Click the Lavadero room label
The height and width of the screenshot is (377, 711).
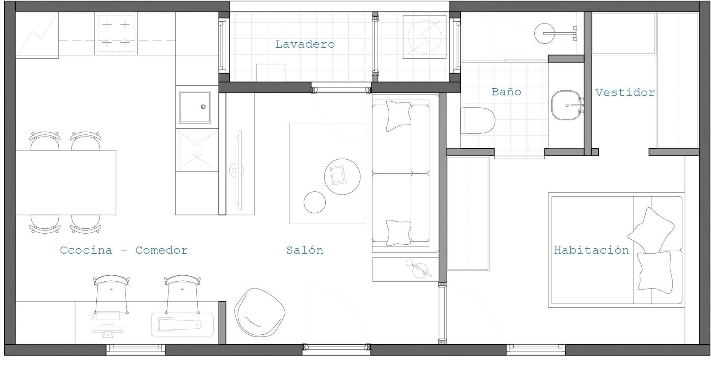click(305, 44)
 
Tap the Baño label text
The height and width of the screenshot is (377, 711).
click(506, 92)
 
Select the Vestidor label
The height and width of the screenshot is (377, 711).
click(625, 92)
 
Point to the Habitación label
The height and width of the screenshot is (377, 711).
click(592, 250)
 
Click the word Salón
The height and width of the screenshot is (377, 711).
click(305, 250)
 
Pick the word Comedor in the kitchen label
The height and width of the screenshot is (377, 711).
click(161, 250)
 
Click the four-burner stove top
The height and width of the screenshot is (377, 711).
click(116, 34)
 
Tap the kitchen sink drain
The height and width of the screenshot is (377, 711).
click(203, 107)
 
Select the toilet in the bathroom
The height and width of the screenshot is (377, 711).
click(478, 121)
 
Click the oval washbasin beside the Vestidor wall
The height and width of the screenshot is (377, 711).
click(565, 105)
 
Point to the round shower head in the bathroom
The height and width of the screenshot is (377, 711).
click(544, 33)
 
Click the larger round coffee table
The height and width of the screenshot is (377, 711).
click(342, 176)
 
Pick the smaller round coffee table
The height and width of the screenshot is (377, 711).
click(315, 202)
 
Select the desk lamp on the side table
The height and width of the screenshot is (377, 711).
click(419, 269)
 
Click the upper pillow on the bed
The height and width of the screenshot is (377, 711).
click(651, 230)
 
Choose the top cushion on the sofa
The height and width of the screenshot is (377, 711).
click(398, 116)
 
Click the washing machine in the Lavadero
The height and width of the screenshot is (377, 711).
click(424, 37)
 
